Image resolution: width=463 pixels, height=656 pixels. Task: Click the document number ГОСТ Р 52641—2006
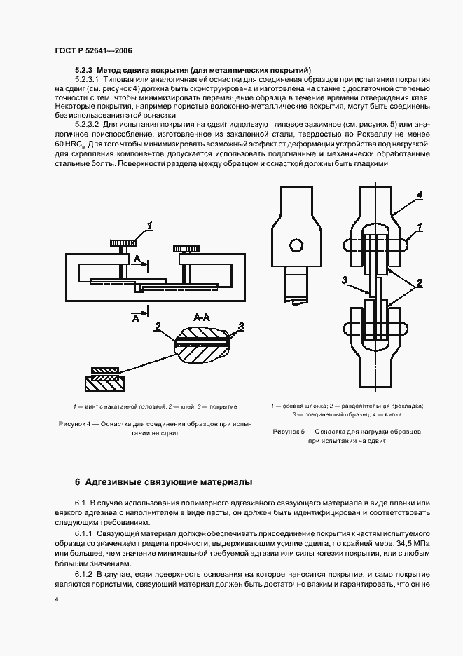92,51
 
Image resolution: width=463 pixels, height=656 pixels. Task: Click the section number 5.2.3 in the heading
84,70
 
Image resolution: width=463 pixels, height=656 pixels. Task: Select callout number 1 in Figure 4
148,225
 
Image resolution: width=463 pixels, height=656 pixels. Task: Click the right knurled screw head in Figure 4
186,248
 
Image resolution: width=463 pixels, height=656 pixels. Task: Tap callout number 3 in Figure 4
241,327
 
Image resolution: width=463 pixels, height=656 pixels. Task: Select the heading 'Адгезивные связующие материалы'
165,482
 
